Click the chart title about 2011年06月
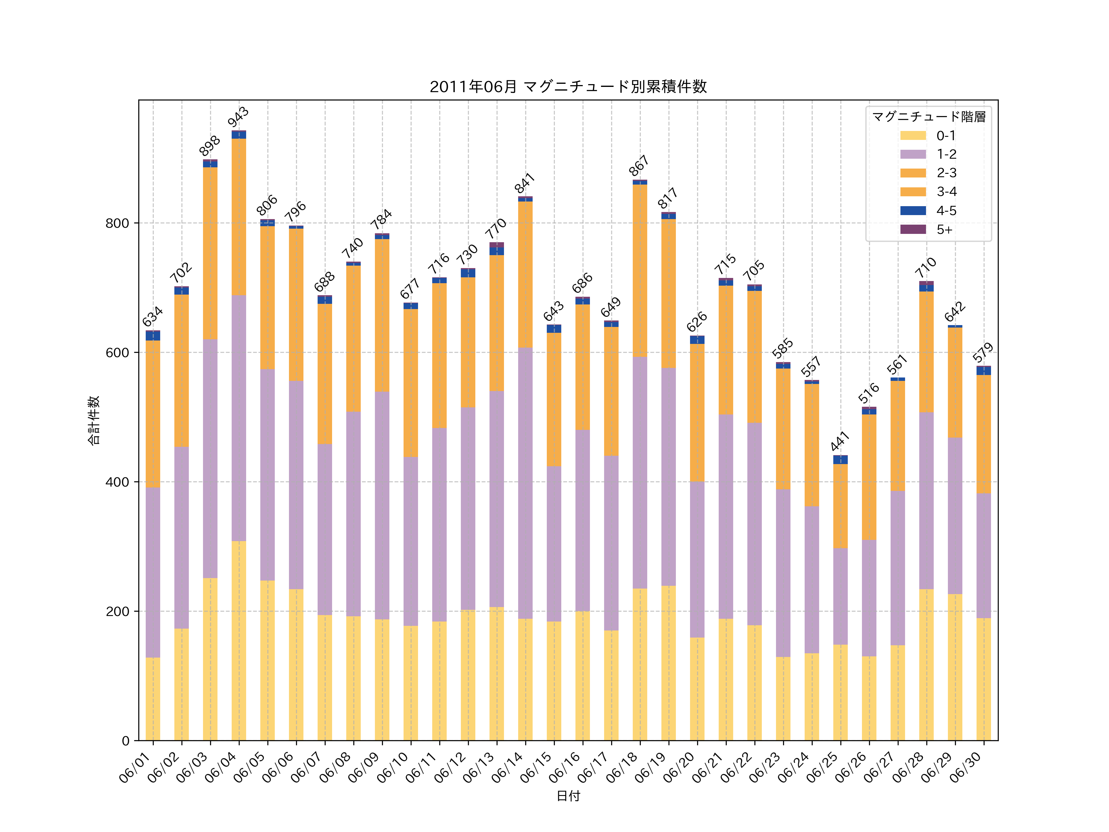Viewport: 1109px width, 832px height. (x=568, y=87)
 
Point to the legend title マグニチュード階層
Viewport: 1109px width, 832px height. (x=928, y=117)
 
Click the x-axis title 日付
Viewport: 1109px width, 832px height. (x=568, y=796)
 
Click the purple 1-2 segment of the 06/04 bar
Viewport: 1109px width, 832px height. (x=239, y=418)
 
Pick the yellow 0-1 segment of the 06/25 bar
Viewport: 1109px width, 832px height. (x=840, y=692)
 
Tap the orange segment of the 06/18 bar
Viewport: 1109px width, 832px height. (x=640, y=271)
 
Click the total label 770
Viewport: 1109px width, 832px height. (x=496, y=229)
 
